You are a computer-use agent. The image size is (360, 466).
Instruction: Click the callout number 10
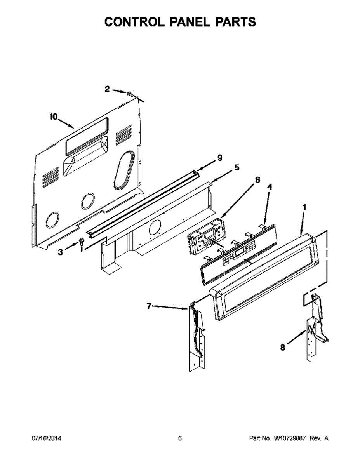54,117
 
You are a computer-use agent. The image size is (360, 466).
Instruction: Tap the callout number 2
107,89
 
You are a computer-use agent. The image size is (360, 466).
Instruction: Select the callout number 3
61,252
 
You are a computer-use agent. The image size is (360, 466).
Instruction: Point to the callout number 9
220,158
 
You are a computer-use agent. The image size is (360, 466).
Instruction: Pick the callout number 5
237,167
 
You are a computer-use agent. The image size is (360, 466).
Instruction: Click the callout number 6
257,180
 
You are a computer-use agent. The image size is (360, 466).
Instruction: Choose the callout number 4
270,187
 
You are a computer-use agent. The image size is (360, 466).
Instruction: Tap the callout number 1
304,207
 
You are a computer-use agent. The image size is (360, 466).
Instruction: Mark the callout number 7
149,306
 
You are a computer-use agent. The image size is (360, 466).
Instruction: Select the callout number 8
283,348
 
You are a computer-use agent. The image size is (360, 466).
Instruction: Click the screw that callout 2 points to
130,94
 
